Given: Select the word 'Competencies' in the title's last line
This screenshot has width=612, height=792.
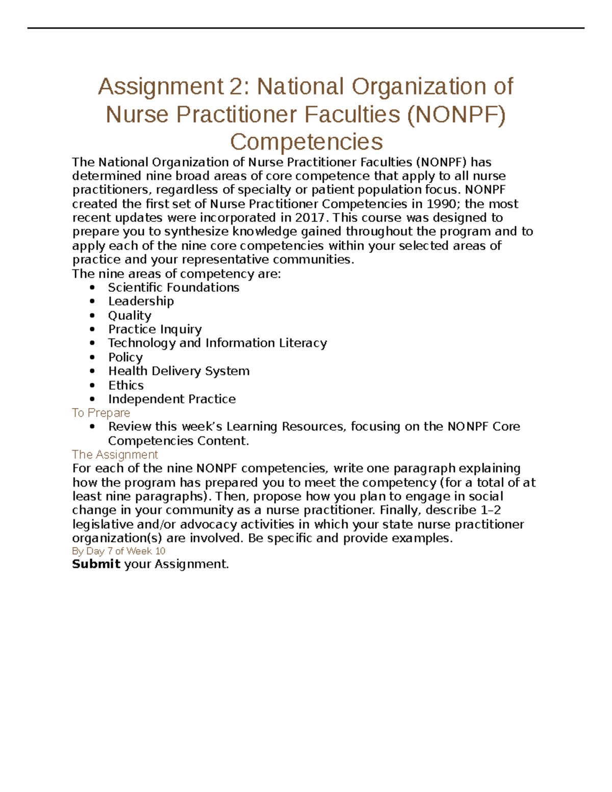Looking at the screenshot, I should (306, 142).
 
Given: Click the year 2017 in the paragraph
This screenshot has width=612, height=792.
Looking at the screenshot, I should (309, 218).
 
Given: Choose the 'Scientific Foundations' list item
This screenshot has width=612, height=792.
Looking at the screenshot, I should (173, 288).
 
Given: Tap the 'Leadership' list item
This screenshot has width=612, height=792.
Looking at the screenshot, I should (141, 301).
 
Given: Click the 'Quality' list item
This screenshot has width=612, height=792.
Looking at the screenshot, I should (130, 316).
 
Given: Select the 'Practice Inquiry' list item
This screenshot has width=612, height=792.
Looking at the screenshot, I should (155, 329).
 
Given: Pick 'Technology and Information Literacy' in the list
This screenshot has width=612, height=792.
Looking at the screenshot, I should (217, 343).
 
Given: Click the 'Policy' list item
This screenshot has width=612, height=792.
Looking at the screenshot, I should (125, 357).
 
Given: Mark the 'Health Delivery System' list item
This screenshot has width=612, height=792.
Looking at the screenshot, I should (178, 371).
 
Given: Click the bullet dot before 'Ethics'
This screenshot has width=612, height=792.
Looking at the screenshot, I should (92, 386).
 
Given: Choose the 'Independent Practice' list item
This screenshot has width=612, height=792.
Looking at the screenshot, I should (172, 399).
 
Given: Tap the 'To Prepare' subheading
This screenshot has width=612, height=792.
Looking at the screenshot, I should (101, 413).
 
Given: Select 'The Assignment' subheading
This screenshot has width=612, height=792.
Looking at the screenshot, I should (115, 454).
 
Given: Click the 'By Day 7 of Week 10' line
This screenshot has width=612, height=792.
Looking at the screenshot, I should (118, 551).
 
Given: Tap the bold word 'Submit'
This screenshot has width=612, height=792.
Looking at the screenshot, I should (96, 564).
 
